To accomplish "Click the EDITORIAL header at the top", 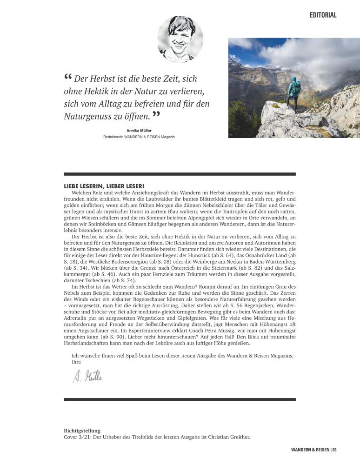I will coord(323,15).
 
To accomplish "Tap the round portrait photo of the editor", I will coord(180,39).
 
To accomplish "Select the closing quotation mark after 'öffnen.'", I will coord(156,114).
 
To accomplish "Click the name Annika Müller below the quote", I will coord(139,131).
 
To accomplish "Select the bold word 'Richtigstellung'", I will coord(82,431).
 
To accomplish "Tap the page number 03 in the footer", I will coord(334,450).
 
